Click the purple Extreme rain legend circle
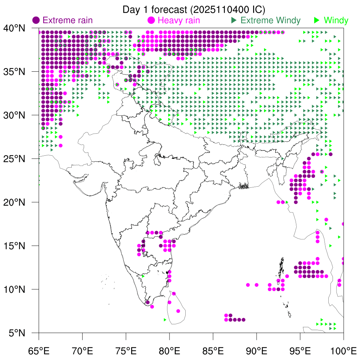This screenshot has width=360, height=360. (x=36, y=20)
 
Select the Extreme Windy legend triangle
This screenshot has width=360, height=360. (x=234, y=20)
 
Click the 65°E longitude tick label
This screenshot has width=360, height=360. (x=39, y=350)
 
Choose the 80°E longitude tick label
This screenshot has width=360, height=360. (x=169, y=350)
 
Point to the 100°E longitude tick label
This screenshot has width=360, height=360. (x=343, y=350)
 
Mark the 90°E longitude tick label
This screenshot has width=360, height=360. (x=257, y=350)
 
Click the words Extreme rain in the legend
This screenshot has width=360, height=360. (x=67, y=20)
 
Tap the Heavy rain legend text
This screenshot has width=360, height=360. (x=179, y=20)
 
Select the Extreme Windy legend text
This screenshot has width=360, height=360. (x=271, y=20)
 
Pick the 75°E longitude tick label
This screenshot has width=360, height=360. (x=126, y=350)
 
